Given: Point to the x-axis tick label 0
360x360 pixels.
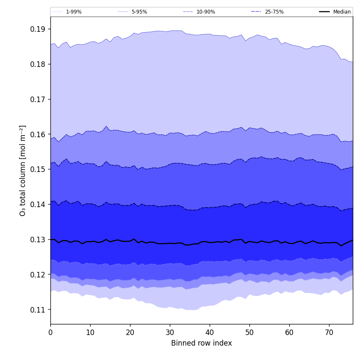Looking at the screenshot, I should (50, 332).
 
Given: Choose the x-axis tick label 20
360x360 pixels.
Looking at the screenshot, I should (130, 332).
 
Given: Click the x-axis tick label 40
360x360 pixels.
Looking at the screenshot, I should (210, 332).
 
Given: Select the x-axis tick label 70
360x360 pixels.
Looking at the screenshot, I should (329, 332).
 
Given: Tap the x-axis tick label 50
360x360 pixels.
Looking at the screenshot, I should (249, 332).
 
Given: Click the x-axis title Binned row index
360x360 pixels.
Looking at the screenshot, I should (202, 343).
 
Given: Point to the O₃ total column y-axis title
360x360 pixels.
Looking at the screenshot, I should (23, 170).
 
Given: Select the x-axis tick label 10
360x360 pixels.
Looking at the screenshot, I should (90, 332).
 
